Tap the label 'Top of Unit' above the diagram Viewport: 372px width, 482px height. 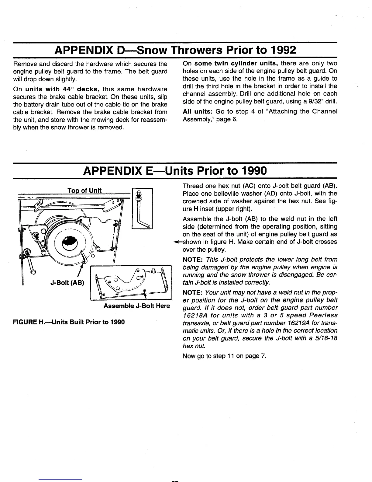pos(84,190)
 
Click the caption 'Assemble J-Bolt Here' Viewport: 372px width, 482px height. pos(137,306)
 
